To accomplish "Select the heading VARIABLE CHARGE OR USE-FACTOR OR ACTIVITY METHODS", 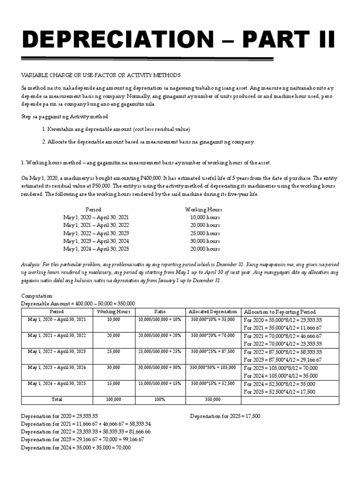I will [x=101, y=75].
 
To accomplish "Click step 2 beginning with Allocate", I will [x=149, y=141].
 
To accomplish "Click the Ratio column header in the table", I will [x=160, y=312].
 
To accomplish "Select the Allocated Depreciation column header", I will [x=212, y=312].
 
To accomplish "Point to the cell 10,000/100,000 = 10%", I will [x=160, y=319].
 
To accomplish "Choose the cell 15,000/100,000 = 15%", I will [x=160, y=383].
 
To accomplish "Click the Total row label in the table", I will [x=57, y=399].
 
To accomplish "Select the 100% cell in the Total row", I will [x=160, y=399].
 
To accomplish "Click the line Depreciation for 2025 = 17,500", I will [x=225, y=416].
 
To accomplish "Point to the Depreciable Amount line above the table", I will [x=78, y=304].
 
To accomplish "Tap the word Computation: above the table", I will [x=38, y=296].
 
